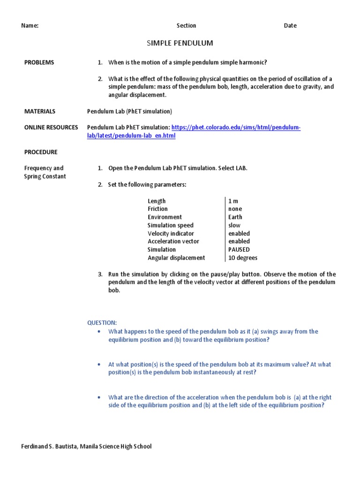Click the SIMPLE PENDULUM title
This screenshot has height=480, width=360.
[x=180, y=43]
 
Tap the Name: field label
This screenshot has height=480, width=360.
[x=30, y=26]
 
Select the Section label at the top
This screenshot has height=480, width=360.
[x=186, y=26]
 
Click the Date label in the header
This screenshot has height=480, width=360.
[x=290, y=26]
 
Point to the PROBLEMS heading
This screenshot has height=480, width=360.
[x=39, y=62]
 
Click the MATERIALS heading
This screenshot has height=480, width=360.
[x=40, y=111]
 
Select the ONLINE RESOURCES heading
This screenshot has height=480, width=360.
[x=51, y=127]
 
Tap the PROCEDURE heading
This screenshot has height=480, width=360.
[x=41, y=152]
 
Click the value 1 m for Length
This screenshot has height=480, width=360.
[x=233, y=201]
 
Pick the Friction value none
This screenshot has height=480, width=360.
[x=235, y=209]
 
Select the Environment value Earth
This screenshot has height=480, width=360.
[x=235, y=217]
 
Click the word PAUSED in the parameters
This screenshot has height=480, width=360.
[x=239, y=249]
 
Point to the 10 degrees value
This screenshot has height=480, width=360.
[x=243, y=258]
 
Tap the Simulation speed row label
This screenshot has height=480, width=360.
[x=171, y=225]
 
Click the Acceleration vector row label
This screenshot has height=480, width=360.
[x=173, y=241]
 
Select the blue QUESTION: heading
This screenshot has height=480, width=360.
[x=102, y=323]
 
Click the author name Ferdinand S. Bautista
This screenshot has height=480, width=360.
[x=52, y=447]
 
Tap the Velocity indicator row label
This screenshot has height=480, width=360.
[x=171, y=233]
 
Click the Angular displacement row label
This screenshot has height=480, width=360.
[x=176, y=258]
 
